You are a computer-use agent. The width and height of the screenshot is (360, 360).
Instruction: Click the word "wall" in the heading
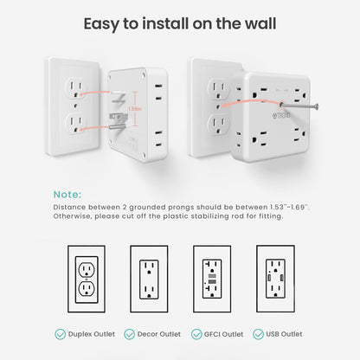(260, 23)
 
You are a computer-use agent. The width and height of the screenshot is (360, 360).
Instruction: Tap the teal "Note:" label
(67, 195)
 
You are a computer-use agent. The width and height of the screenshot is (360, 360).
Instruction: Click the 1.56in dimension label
(135, 109)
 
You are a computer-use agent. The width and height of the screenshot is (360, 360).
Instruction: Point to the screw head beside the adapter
(317, 106)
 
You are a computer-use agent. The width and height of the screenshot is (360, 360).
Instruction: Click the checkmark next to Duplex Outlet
(60, 334)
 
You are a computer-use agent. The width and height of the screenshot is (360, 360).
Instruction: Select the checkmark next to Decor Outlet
(129, 334)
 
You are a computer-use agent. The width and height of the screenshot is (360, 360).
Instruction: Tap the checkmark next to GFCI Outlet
(196, 334)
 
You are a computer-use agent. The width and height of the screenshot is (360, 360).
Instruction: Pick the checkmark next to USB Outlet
(258, 334)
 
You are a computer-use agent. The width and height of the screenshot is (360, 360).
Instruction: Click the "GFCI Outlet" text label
(223, 334)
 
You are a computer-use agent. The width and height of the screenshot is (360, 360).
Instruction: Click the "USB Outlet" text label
(284, 334)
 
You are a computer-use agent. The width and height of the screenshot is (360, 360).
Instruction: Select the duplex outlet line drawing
(87, 279)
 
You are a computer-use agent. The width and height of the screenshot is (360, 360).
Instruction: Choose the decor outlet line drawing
(149, 279)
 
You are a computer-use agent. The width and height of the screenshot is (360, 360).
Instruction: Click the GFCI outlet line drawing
(212, 279)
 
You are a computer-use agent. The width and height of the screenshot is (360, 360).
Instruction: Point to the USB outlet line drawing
(275, 279)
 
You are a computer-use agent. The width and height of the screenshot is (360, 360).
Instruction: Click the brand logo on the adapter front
(281, 115)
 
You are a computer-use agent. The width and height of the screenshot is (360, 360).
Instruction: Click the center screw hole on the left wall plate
(75, 106)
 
